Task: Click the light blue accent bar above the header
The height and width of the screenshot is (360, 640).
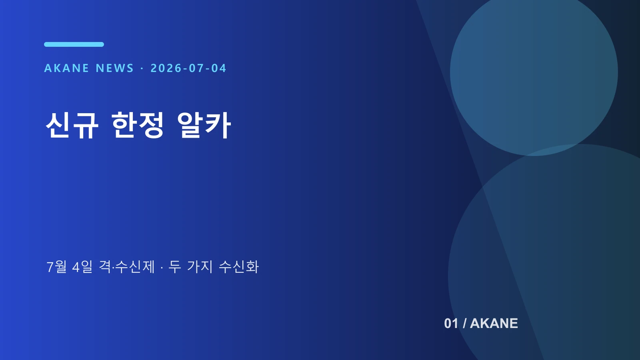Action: click(x=74, y=44)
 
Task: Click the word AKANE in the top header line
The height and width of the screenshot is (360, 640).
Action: click(x=66, y=68)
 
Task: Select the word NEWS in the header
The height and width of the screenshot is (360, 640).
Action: click(x=115, y=68)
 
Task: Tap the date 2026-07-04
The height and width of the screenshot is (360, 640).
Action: click(x=188, y=68)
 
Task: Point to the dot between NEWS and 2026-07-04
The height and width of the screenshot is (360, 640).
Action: click(x=142, y=68)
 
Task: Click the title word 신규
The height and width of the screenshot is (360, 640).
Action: click(x=72, y=125)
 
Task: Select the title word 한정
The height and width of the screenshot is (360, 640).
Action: click(x=138, y=125)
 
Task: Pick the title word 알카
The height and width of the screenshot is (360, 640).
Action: click(x=204, y=125)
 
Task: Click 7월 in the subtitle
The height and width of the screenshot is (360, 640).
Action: click(x=56, y=267)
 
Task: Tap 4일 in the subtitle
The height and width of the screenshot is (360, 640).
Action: click(x=82, y=267)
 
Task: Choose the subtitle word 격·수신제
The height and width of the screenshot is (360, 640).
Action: click(x=126, y=267)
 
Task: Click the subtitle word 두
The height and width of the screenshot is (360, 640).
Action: click(x=174, y=267)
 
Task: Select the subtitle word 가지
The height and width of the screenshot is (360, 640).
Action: click(x=200, y=267)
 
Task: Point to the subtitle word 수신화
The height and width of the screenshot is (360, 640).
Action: click(x=238, y=267)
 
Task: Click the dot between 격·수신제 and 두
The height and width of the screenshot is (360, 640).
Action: click(x=162, y=268)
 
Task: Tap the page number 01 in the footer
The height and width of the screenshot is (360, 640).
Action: click(x=451, y=324)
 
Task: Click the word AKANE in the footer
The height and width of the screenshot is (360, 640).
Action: click(x=494, y=324)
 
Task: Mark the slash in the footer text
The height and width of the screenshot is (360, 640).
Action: click(x=464, y=324)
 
